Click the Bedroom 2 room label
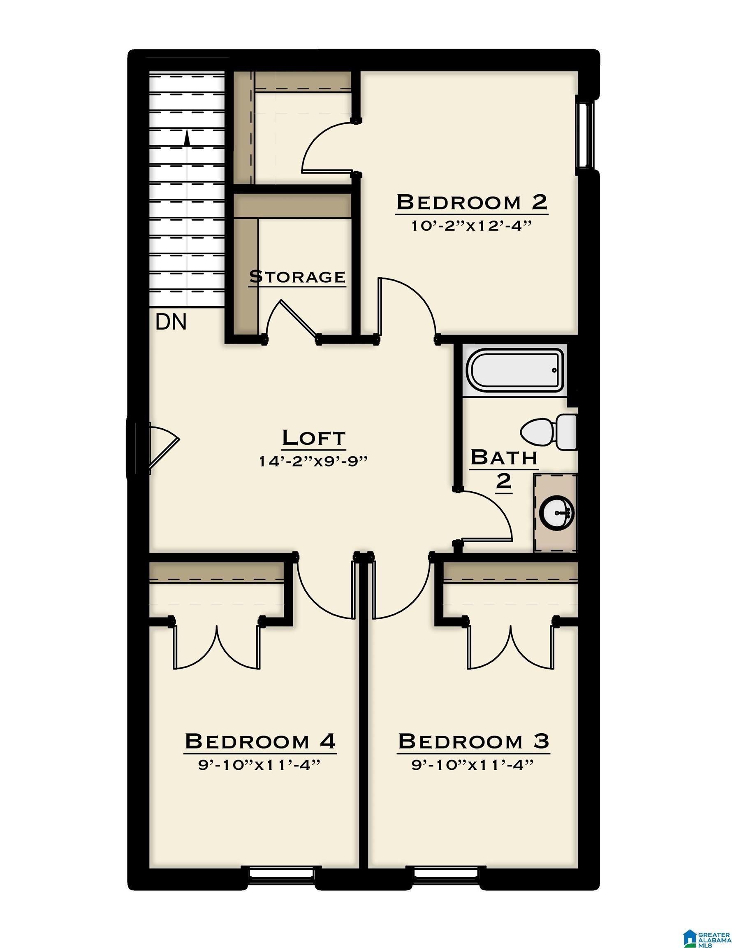pos(471,202)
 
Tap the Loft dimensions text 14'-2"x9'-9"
pos(313,461)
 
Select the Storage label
pos(297,276)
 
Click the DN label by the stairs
pos(171,322)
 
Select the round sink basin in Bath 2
pos(557,513)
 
